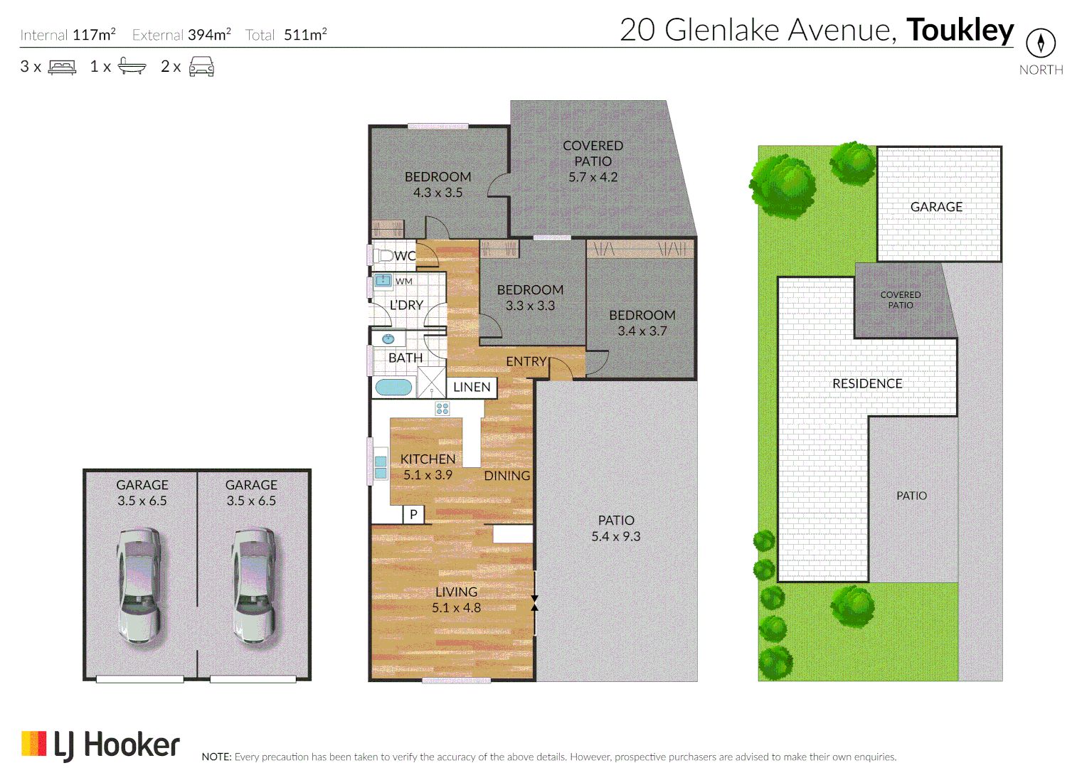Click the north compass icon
(1040, 43)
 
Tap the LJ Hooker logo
(101, 745)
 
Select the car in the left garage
(139, 585)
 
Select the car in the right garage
(254, 585)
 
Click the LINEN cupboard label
(472, 387)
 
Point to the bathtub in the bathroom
(393, 388)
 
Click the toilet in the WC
(383, 255)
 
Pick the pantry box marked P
(413, 514)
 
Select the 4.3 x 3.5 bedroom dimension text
(437, 193)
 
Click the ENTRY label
(526, 361)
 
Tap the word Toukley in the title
(960, 30)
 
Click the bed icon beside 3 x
(62, 68)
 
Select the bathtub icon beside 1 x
(132, 66)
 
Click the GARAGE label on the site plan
(936, 207)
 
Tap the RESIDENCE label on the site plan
(867, 383)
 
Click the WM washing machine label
(404, 282)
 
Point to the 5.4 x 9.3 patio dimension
(615, 537)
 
